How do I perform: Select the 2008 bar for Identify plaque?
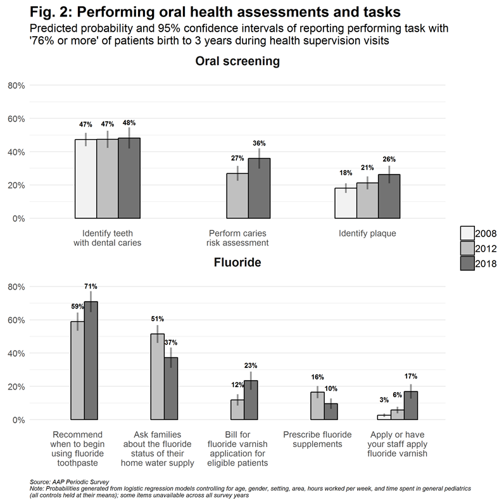[x=345, y=203]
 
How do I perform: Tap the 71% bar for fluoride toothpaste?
[x=91, y=360]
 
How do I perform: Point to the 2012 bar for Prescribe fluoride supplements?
[x=317, y=405]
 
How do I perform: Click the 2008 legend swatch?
[x=468, y=233]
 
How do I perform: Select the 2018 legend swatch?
[x=468, y=264]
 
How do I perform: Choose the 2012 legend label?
[x=486, y=249]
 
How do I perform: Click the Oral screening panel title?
[x=237, y=62]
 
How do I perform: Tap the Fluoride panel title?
[x=237, y=261]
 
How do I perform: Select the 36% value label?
[x=259, y=144]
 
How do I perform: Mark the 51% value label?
[x=157, y=319]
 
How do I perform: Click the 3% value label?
[x=384, y=400]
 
